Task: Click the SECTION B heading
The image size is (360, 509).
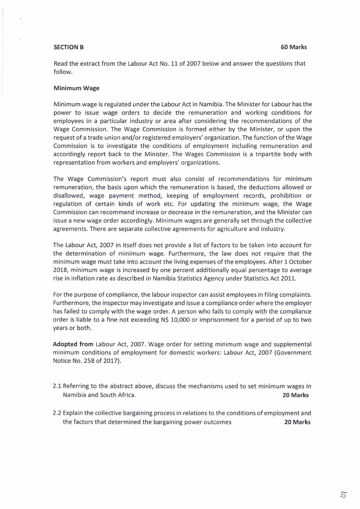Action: pyautogui.click(x=68, y=47)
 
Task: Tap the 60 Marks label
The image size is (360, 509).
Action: pyautogui.click(x=294, y=47)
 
